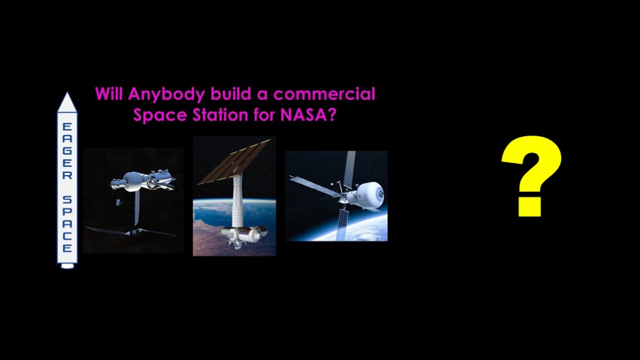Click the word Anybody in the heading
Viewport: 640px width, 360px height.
coord(166,95)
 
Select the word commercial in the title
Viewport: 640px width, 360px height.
coord(324,94)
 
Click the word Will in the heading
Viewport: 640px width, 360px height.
coord(109,94)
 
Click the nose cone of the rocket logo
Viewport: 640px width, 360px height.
coord(67,102)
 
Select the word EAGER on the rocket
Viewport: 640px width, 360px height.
coord(67,151)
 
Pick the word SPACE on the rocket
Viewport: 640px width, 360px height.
coord(67,224)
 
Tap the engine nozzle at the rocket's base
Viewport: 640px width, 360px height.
coord(67,266)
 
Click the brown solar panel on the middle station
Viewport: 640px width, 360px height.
coord(235,161)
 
